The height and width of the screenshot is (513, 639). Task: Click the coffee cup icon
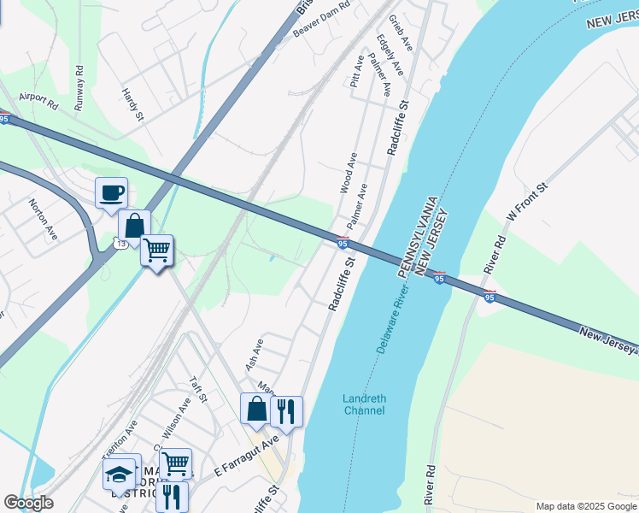click(111, 192)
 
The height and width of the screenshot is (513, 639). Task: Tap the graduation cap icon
click(120, 474)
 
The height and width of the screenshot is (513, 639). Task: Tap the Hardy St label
click(132, 104)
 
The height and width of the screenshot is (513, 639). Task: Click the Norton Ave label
click(42, 219)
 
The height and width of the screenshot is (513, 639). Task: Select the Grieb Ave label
click(400, 32)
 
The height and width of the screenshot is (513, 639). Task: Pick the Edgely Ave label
click(384, 52)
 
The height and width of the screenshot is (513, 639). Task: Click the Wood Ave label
click(349, 173)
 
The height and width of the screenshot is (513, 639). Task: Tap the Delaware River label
click(393, 320)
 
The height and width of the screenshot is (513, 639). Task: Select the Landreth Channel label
click(364, 404)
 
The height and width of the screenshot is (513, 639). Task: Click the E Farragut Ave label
click(247, 457)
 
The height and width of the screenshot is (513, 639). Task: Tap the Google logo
click(28, 503)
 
